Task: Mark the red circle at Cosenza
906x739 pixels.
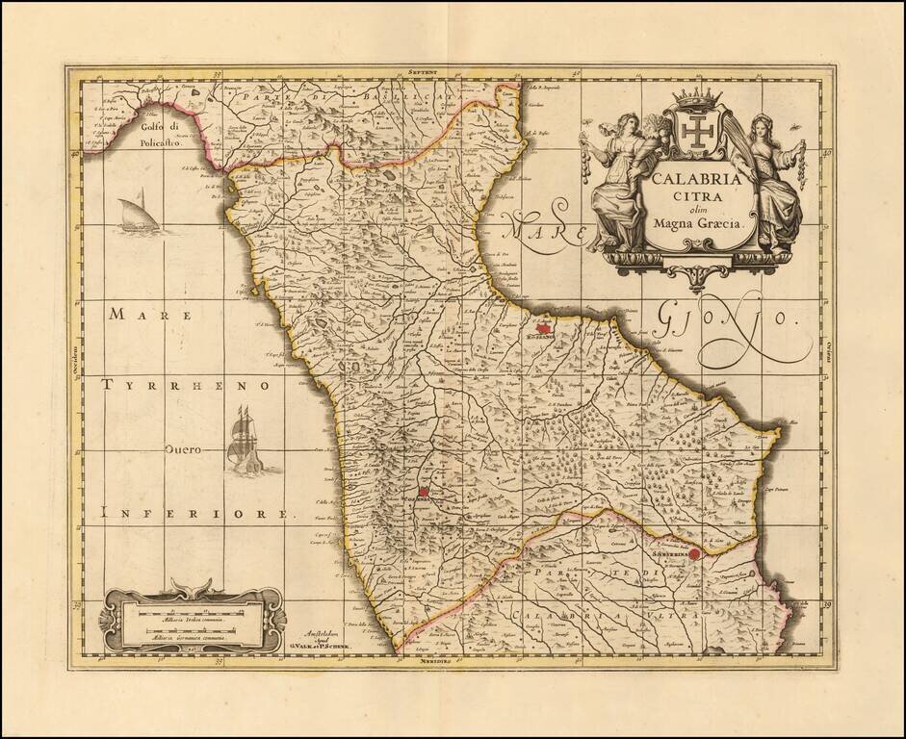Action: (423, 492)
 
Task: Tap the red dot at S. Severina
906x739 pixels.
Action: (696, 554)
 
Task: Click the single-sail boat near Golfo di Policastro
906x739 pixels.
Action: (134, 214)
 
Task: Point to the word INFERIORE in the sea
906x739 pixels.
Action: (194, 515)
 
